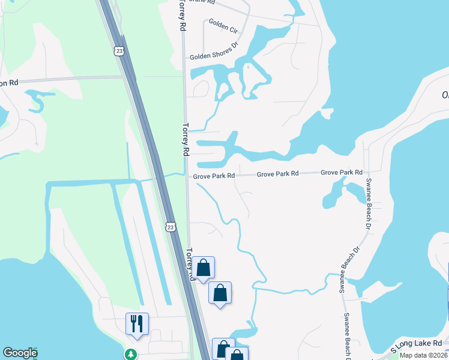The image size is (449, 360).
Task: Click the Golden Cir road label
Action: coord(223,26)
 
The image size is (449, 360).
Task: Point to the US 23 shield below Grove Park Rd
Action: coord(171,226)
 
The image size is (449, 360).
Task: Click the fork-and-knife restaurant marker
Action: coord(137,323)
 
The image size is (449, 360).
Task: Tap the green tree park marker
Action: coord(130,355)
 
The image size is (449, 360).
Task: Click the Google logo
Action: coord(20,353)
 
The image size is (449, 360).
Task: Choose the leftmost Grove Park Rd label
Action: coord(214,176)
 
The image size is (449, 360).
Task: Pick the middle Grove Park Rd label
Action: coord(277,174)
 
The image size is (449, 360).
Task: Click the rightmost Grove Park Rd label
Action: coord(342,172)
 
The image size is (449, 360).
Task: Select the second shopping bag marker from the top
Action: coord(220,293)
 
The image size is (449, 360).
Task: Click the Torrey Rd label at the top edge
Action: coord(181,15)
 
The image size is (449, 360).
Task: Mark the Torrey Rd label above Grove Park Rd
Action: coord(185,140)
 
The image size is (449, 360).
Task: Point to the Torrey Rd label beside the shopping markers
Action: coord(191,264)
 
